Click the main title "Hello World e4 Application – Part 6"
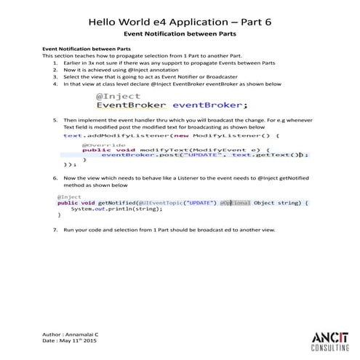point(180,22)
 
